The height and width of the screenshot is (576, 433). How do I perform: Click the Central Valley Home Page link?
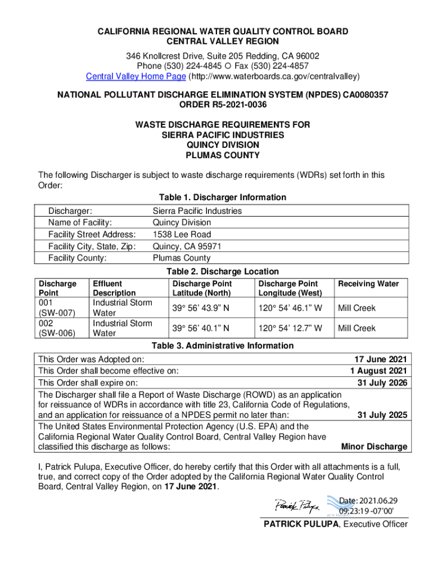point(136,76)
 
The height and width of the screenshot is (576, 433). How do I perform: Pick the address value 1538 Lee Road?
point(182,235)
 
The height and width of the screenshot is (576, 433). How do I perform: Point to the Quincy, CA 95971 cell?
point(187,246)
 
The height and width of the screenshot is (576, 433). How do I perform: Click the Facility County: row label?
point(78,258)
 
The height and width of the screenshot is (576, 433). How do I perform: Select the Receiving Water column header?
point(368,284)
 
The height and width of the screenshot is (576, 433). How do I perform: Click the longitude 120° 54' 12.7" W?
point(290,328)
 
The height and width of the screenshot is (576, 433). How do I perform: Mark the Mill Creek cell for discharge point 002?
point(357,328)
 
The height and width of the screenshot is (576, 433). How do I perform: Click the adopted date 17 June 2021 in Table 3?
point(380,359)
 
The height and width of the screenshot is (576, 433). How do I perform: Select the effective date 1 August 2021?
point(378,371)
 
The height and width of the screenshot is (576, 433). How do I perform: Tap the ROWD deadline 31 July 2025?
point(382,415)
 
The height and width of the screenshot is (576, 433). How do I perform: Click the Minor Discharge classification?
point(374,447)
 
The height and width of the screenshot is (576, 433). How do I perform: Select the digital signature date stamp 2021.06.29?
point(368,501)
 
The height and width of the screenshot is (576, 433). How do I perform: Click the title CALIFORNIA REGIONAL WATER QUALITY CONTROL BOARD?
point(223,31)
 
